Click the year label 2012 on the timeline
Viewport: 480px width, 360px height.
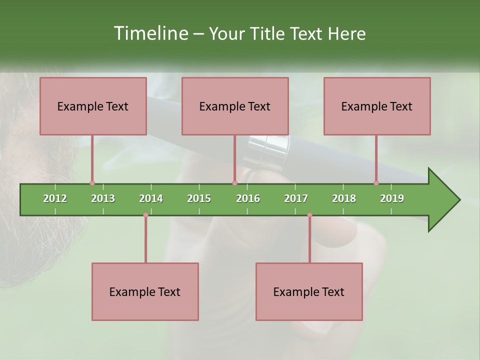[55, 198]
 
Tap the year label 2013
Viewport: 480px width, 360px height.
[103, 198]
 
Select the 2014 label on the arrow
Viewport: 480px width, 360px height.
[151, 198]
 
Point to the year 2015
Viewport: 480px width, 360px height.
[199, 198]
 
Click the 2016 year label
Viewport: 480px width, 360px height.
[248, 198]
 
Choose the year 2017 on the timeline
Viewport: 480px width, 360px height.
[296, 198]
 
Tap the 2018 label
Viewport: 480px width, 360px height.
[344, 198]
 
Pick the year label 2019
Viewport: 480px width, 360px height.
[392, 198]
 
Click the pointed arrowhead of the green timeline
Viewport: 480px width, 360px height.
[445, 200]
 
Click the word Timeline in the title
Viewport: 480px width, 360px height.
[150, 33]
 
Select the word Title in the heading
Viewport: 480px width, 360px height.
[269, 33]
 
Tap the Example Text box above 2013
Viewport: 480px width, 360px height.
[93, 106]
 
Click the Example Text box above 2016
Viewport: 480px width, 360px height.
[235, 106]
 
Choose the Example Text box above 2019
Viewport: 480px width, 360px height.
[377, 106]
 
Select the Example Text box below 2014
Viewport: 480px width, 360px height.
[145, 292]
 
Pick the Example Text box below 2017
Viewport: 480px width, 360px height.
[309, 292]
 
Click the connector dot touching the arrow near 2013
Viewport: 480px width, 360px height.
[92, 183]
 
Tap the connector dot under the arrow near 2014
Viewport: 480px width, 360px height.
[145, 215]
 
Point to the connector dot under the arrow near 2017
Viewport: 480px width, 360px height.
[309, 215]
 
